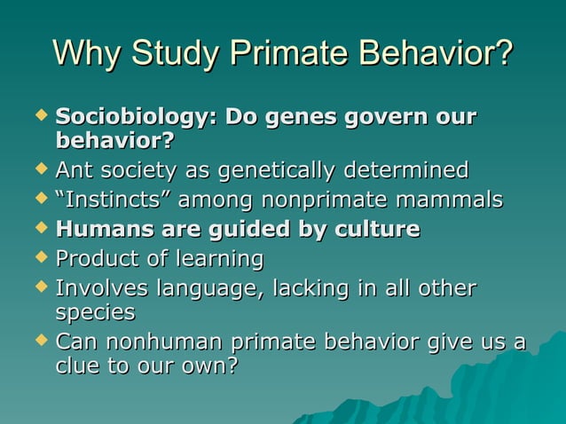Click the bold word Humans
(x=99, y=230)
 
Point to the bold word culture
(x=373, y=230)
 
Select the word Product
(x=96, y=260)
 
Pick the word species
(x=95, y=313)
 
